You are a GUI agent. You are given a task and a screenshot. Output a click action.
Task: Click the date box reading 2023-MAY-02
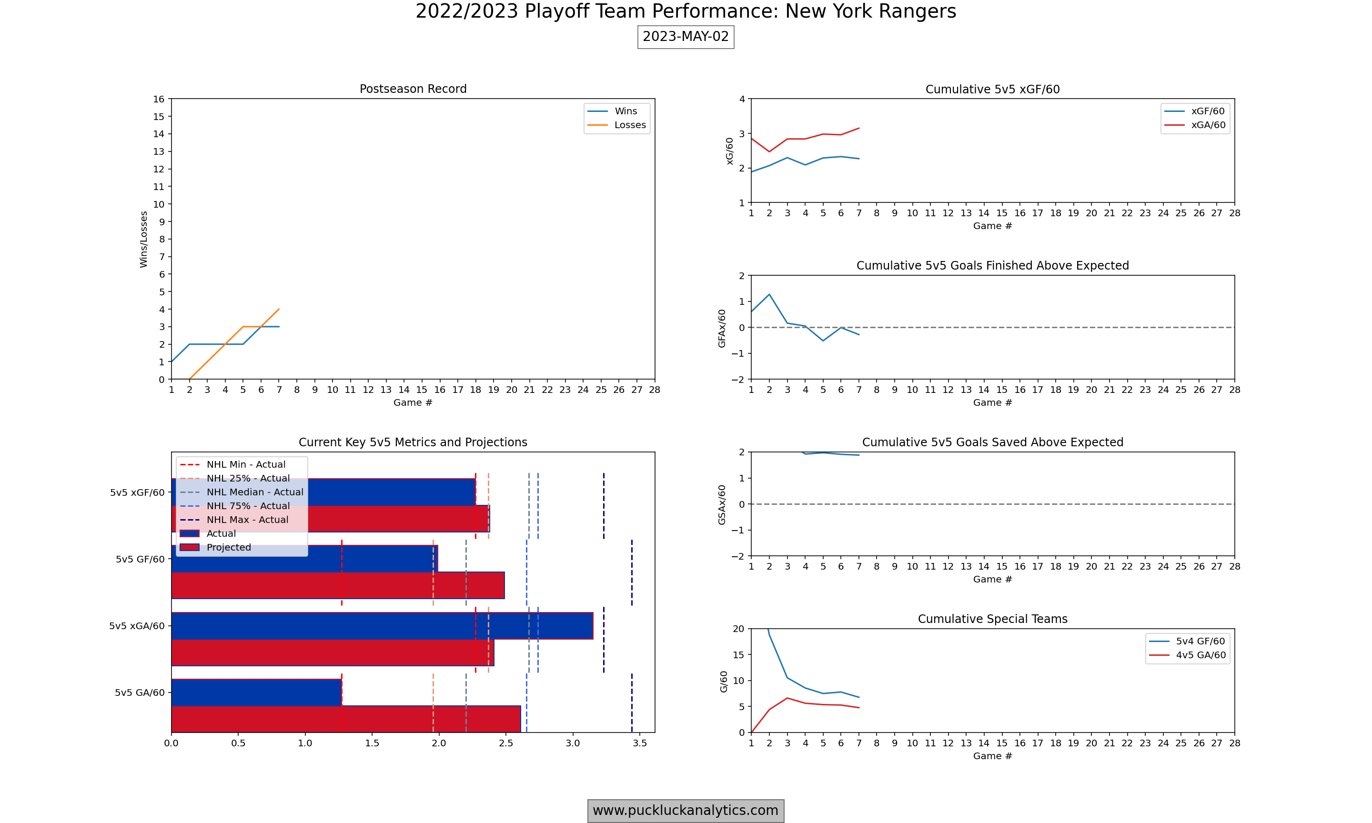686,37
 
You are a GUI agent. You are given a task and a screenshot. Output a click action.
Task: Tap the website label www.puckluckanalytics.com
686,810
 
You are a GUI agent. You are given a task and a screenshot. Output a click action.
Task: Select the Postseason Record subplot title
413,89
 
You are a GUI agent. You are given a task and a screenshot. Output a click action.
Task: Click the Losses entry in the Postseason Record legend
629,125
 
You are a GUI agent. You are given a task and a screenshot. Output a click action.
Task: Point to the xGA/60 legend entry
1208,125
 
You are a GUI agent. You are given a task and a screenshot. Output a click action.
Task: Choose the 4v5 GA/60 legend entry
1200,655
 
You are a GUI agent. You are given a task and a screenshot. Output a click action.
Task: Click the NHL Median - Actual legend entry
254,492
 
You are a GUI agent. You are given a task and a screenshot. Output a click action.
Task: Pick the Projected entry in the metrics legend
229,547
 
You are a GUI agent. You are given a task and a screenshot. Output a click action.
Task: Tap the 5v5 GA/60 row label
140,693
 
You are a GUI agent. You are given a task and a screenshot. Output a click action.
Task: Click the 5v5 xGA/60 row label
137,626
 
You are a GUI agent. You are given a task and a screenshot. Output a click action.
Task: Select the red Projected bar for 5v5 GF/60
338,585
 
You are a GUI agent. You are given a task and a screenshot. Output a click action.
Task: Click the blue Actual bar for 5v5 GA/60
256,692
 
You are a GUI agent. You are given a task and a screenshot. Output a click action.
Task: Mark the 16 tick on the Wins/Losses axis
159,99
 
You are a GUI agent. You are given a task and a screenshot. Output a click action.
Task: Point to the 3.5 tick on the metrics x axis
639,743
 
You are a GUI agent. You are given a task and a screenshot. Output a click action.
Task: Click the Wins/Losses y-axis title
144,239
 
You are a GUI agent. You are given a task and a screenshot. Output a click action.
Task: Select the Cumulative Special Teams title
992,619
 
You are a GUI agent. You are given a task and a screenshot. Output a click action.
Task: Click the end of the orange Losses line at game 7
279,310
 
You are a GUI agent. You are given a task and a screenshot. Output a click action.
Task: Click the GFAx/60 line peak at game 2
769,294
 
